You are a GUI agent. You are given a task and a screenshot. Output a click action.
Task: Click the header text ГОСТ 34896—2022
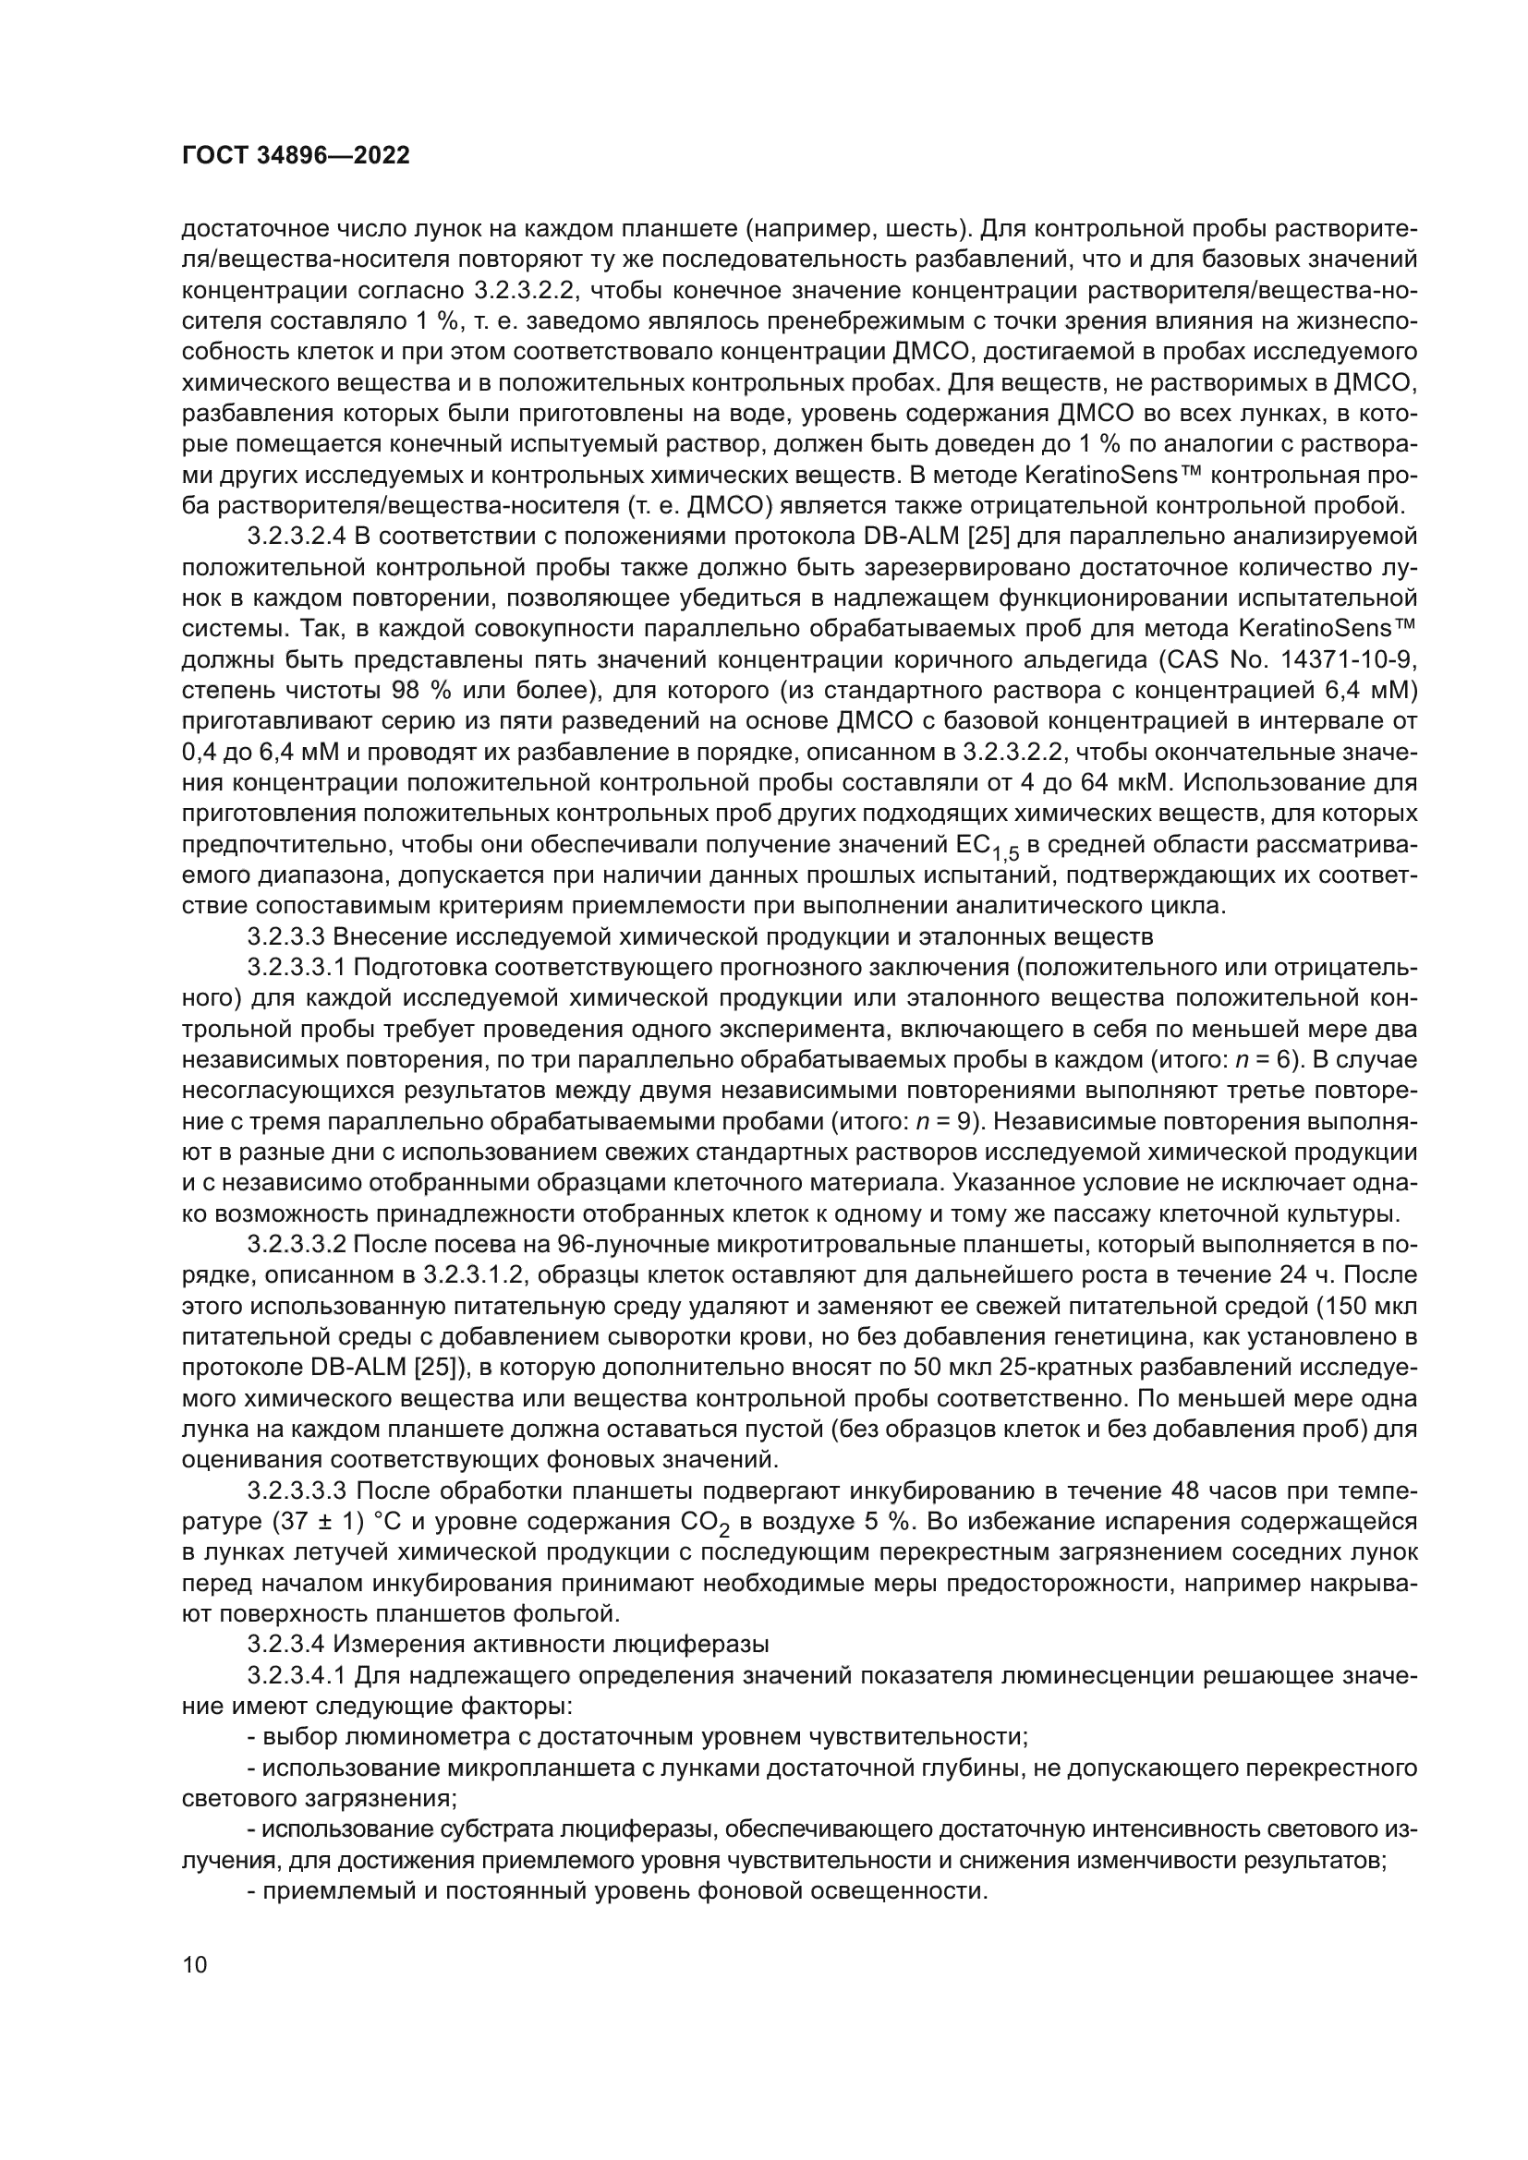point(296,156)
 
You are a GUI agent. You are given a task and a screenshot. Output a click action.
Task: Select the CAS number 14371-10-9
point(1348,659)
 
